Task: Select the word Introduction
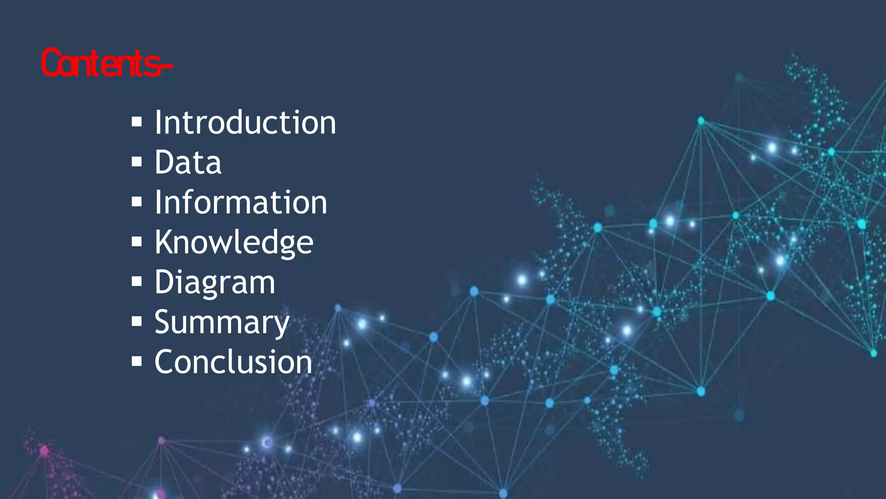pyautogui.click(x=245, y=123)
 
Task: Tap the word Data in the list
pyautogui.click(x=188, y=162)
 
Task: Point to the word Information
pyautogui.click(x=241, y=202)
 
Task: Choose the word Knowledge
pyautogui.click(x=234, y=242)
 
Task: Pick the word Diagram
pyautogui.click(x=215, y=282)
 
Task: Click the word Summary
pyautogui.click(x=221, y=322)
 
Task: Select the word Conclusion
pyautogui.click(x=233, y=362)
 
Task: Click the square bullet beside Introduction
pyautogui.click(x=137, y=123)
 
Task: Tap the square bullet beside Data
pyautogui.click(x=137, y=162)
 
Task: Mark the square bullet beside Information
pyautogui.click(x=137, y=202)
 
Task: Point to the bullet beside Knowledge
pyautogui.click(x=137, y=242)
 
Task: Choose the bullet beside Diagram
pyautogui.click(x=137, y=282)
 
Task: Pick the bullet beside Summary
pyautogui.click(x=137, y=321)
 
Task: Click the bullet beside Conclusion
pyautogui.click(x=137, y=361)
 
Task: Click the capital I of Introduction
pyautogui.click(x=158, y=123)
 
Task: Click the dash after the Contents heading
pyautogui.click(x=167, y=66)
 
